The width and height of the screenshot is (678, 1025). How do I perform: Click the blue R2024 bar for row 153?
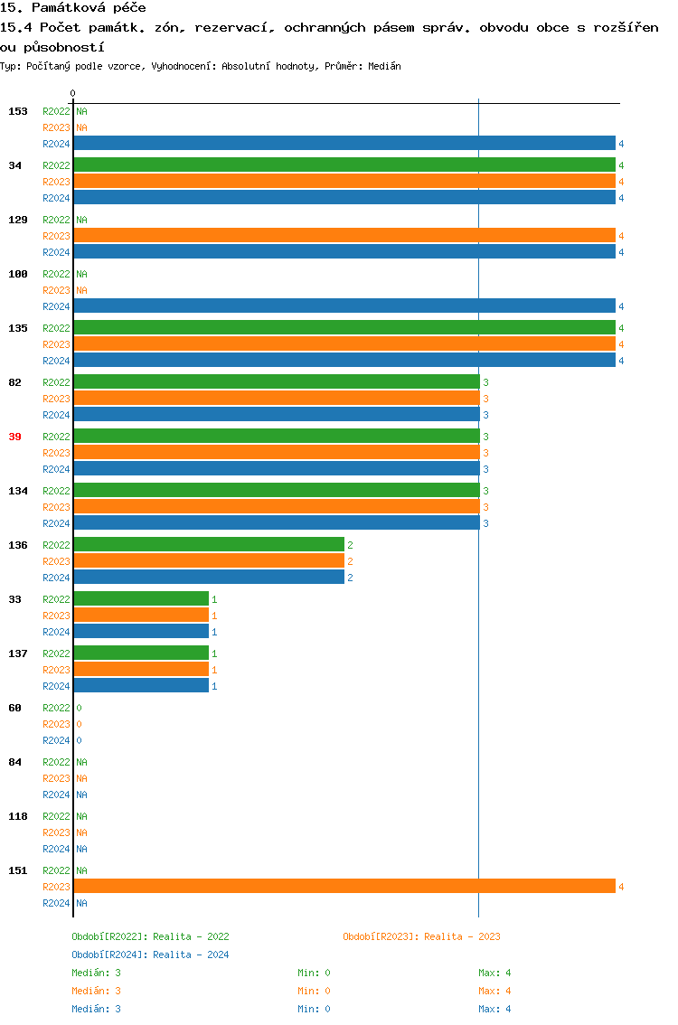tap(344, 143)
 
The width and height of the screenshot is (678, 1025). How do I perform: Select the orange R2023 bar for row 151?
tap(344, 886)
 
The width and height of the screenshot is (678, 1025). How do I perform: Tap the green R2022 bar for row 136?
tap(208, 544)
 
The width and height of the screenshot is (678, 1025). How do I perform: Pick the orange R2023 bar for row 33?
tap(140, 615)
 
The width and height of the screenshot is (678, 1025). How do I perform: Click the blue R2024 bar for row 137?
tap(140, 685)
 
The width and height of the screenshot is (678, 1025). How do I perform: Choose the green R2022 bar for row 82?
tap(276, 381)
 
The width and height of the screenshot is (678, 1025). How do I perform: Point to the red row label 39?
tap(14, 437)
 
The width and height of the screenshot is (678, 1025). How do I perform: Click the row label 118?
tap(17, 816)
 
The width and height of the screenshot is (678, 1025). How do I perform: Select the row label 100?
tap(17, 274)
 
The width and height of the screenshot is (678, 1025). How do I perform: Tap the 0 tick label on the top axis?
tap(73, 93)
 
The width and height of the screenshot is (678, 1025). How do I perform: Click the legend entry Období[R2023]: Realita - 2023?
tap(421, 936)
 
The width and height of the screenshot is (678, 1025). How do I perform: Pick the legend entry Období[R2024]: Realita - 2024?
tap(150, 954)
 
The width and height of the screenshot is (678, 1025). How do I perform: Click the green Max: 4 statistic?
tap(494, 973)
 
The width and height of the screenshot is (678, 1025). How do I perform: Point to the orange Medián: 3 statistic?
tap(96, 991)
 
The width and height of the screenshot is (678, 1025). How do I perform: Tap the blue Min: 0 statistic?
tap(314, 1009)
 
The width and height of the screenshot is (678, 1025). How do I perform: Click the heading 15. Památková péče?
tap(73, 7)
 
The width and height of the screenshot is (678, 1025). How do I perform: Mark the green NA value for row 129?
tap(81, 220)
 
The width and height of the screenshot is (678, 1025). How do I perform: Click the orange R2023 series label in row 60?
tap(56, 724)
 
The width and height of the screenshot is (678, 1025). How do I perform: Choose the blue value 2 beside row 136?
tap(350, 578)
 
